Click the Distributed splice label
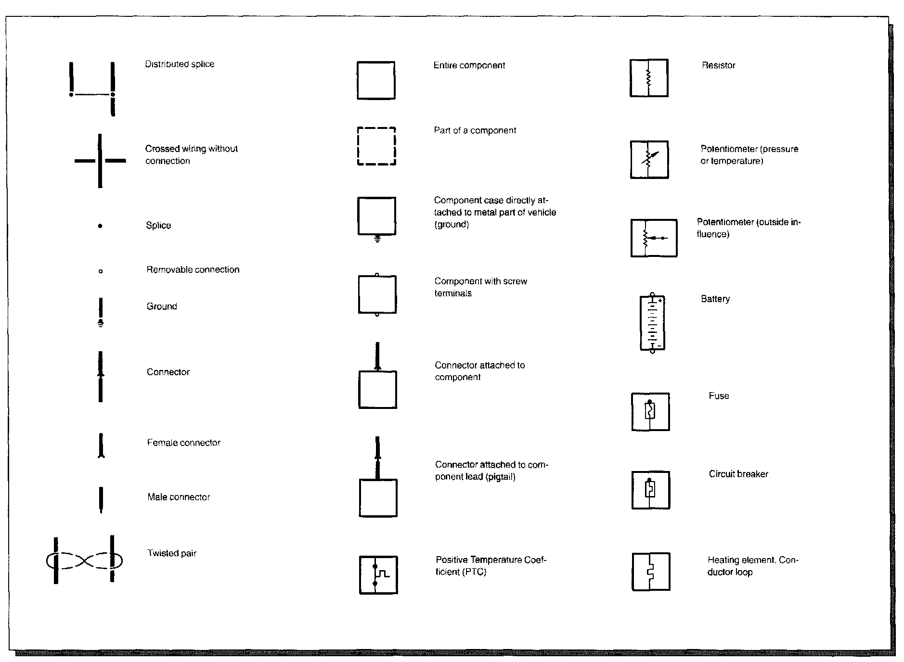tap(180, 64)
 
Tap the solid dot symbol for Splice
tap(100, 226)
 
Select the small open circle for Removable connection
tap(100, 271)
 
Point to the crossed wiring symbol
tap(100, 161)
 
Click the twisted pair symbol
tap(84, 560)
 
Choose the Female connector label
tap(183, 443)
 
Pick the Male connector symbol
tap(101, 499)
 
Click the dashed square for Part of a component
tap(376, 146)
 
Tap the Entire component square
tap(376, 80)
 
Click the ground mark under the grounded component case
tap(377, 238)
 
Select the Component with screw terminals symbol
tap(377, 294)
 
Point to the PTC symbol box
tap(378, 575)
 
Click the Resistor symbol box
tap(649, 78)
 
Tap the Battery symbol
tap(652, 322)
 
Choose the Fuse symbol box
tap(650, 412)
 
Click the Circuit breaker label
tap(738, 474)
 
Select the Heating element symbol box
tap(651, 572)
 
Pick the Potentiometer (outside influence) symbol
tap(654, 238)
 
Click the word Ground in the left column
tap(162, 306)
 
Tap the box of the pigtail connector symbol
tap(378, 498)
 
